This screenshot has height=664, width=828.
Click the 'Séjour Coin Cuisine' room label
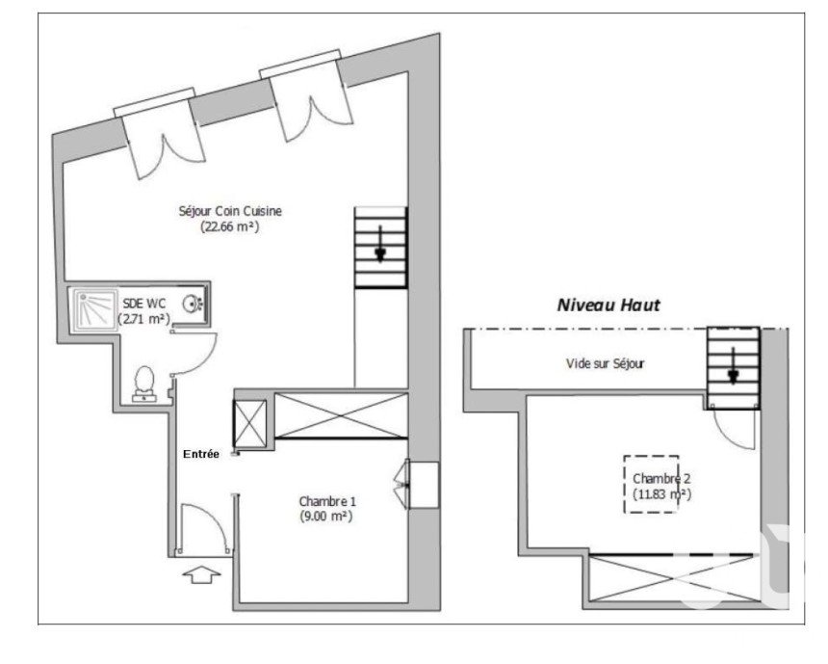pos(230,211)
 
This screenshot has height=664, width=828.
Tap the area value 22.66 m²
pos(230,227)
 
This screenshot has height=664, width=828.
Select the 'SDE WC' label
pos(144,304)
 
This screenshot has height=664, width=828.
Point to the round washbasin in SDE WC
pos(192,304)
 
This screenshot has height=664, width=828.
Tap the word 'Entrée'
pos(200,454)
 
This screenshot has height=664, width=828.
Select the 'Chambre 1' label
pos(327,501)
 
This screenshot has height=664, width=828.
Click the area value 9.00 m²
pos(325,517)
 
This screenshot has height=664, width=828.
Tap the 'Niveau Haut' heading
pos(608,305)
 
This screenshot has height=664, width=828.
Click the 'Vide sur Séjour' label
pos(606,363)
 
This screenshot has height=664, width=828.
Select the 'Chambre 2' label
pos(661,478)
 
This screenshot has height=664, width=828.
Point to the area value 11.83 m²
pos(661,494)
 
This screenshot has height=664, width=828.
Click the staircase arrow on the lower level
pos(380,244)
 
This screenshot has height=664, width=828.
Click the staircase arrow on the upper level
pos(734,365)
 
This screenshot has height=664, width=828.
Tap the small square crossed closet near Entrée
pos(250,423)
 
